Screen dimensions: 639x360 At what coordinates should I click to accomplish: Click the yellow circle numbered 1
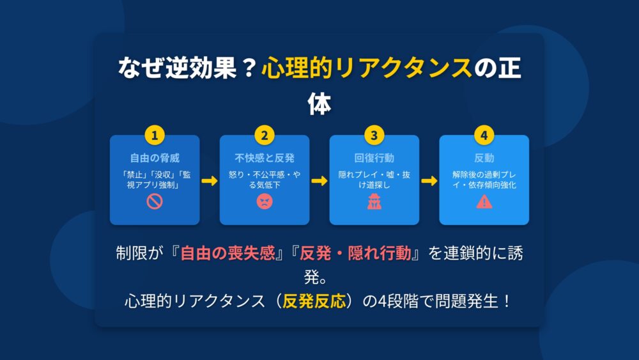pos(155,136)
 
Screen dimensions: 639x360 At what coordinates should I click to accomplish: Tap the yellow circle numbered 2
pos(265,136)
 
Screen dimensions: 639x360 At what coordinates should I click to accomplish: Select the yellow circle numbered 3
pos(374,136)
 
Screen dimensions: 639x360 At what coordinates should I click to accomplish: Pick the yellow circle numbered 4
pos(484,136)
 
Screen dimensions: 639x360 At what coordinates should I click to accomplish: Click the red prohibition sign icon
pos(155,201)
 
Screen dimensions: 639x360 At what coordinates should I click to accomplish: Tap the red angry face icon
pos(265,201)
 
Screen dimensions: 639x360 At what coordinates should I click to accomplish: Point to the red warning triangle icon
pos(484,201)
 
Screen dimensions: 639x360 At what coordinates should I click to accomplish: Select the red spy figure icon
pos(374,201)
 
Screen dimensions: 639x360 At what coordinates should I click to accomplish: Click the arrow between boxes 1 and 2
pos(210,180)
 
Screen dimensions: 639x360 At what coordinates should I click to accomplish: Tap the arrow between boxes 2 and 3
pos(319,180)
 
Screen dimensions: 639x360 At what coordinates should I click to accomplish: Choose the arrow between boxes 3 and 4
pos(429,180)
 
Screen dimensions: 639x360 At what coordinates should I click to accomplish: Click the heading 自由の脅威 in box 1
pos(155,158)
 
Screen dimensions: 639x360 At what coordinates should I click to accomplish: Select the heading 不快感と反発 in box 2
pos(265,158)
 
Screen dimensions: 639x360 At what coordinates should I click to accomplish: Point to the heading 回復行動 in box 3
pos(374,158)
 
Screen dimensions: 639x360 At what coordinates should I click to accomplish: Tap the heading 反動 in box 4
pos(484,158)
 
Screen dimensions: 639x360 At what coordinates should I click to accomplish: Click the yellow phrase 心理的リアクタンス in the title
pos(367,67)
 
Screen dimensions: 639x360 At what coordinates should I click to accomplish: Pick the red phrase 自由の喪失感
pos(228,253)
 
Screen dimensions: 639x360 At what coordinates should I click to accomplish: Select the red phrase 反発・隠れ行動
pos(355,253)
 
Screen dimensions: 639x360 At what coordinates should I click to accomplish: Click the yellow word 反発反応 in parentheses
pos(314,301)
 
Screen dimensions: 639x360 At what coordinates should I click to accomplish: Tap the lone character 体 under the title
pos(319,104)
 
